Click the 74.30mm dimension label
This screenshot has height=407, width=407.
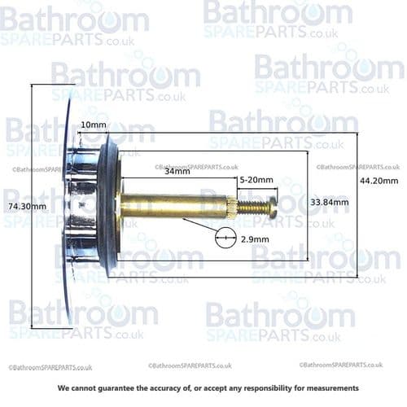pyautogui.click(x=25, y=206)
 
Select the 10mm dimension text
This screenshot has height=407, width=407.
pyautogui.click(x=94, y=125)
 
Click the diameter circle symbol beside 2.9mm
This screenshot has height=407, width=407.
pyautogui.click(x=225, y=239)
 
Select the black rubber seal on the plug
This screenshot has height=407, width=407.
pyautogui.click(x=112, y=203)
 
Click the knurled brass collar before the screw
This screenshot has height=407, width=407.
pyautogui.click(x=232, y=207)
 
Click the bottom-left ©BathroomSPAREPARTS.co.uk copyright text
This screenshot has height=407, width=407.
pyautogui.click(x=50, y=368)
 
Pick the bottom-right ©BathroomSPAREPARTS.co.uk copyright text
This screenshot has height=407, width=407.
pyautogui.click(x=340, y=365)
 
